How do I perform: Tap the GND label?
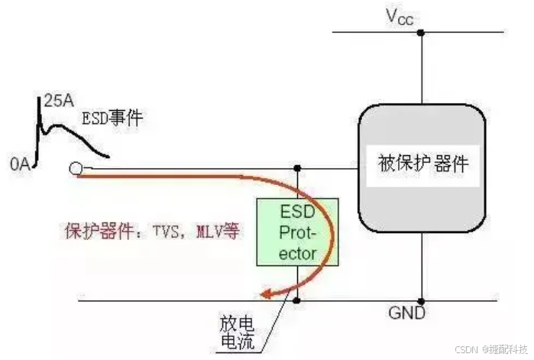pyautogui.click(x=408, y=313)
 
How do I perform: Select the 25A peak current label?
pyautogui.click(x=60, y=100)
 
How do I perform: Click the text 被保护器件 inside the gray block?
pyautogui.click(x=422, y=164)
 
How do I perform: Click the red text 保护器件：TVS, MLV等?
pyautogui.click(x=148, y=229)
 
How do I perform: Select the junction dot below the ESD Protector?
pyautogui.click(x=296, y=300)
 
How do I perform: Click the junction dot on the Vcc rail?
pyautogui.click(x=422, y=33)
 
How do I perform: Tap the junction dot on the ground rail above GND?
pyautogui.click(x=422, y=300)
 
